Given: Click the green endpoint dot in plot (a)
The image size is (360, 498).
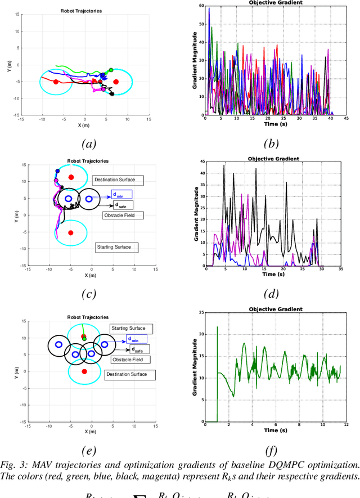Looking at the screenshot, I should pos(111,70).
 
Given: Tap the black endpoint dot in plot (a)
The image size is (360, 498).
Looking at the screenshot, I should pos(112,94).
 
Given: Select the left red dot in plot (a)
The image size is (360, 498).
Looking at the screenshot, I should pos(55,82).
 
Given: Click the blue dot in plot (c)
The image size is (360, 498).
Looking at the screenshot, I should pos(57,171).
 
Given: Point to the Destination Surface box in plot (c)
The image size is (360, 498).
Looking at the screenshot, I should pos(118,180).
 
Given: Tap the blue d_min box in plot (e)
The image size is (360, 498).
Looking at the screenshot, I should pos(137,339).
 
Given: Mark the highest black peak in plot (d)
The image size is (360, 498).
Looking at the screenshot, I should pos(224,165).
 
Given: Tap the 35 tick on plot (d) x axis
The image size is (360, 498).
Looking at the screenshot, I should pos(341,270).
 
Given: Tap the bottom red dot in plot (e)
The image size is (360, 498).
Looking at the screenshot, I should pos(84,371).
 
